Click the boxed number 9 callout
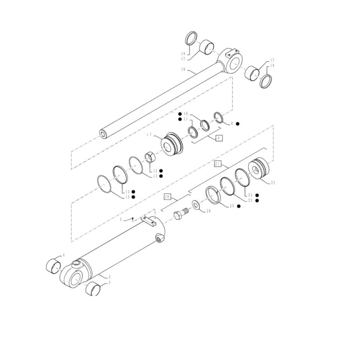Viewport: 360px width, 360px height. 219,138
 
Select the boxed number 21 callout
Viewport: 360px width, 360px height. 217,164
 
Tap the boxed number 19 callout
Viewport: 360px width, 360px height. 167,197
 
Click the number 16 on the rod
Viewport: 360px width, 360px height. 184,69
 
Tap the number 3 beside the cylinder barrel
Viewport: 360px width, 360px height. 109,276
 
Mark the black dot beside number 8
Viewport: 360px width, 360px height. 238,123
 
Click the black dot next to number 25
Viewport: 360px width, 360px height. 239,206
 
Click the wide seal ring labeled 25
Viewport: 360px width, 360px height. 214,195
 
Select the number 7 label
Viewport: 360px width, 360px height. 150,135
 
